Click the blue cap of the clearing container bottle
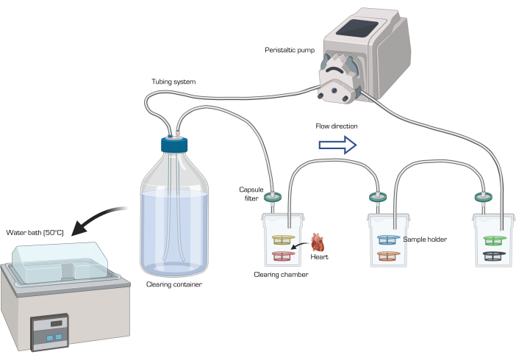[174, 145]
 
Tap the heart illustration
[318, 242]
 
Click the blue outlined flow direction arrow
[337, 145]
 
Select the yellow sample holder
[283, 240]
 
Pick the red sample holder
[283, 256]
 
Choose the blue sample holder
[389, 240]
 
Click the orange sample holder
[389, 256]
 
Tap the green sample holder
[495, 240]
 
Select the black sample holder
[495, 256]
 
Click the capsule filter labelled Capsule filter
[273, 198]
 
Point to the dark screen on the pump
[356, 28]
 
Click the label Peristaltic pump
[290, 50]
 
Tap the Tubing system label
[173, 82]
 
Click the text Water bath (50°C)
[35, 233]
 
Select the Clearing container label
[174, 284]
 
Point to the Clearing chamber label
[281, 275]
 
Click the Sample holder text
[425, 240]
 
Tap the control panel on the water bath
[50, 332]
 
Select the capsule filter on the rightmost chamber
[484, 198]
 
